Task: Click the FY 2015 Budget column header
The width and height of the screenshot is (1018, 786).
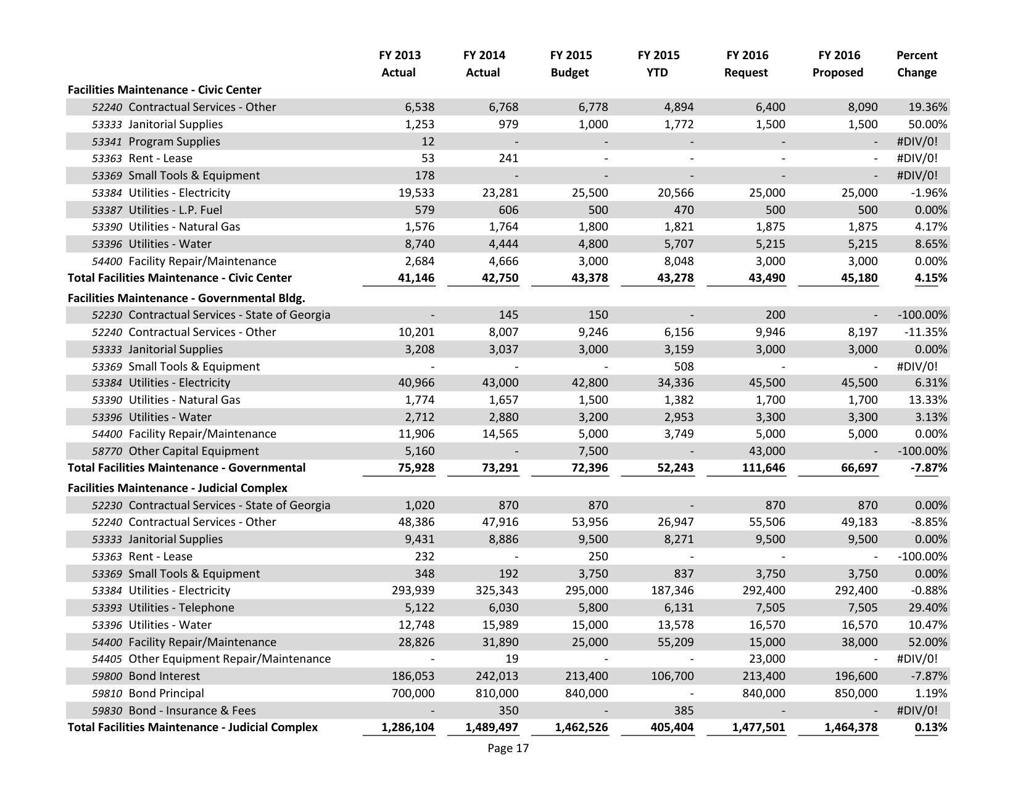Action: click(x=569, y=64)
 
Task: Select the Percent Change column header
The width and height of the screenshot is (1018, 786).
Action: click(x=916, y=64)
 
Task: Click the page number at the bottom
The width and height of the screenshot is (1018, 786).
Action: click(x=508, y=748)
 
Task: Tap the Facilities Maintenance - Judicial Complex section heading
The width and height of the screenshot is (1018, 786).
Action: click(x=177, y=488)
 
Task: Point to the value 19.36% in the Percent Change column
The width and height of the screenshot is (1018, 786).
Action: click(x=927, y=107)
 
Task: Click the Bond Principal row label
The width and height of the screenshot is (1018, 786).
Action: click(x=166, y=693)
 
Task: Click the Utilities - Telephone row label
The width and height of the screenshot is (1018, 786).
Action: click(x=181, y=608)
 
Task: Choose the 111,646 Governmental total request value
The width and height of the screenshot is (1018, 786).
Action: click(x=764, y=468)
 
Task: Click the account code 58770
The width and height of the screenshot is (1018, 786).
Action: click(x=107, y=451)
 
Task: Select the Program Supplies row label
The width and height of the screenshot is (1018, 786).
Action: click(x=174, y=142)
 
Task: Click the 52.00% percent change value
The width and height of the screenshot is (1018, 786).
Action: click(x=927, y=642)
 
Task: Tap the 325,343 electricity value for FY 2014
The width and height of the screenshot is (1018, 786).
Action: click(x=492, y=591)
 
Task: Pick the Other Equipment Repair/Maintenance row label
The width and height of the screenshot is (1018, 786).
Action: click(x=230, y=659)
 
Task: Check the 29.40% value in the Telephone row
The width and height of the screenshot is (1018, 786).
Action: click(x=927, y=608)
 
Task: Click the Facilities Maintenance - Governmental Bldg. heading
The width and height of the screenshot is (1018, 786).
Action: click(x=186, y=298)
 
